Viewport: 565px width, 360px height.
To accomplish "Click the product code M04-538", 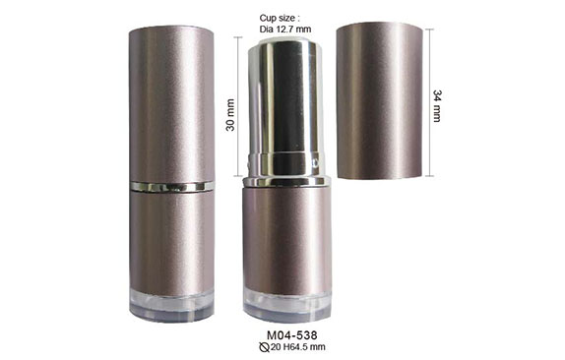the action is coord(292,335).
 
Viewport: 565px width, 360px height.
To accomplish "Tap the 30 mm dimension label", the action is coord(230,115).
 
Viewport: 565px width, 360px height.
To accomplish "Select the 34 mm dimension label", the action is coord(437,106).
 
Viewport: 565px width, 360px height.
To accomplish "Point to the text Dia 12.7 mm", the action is coord(285,30).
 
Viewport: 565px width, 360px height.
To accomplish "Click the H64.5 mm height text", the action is coord(304,347).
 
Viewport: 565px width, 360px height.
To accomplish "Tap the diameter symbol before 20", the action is coord(264,347).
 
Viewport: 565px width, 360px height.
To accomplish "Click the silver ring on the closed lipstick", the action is coord(172,187).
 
